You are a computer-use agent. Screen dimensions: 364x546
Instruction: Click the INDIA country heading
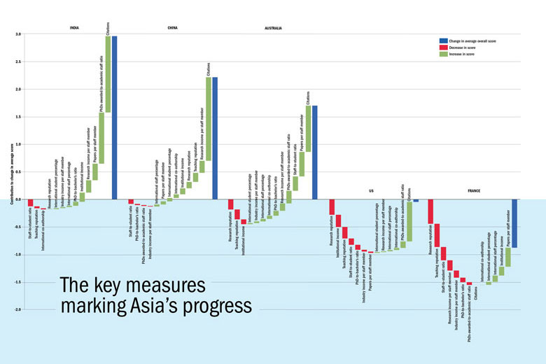[74, 28]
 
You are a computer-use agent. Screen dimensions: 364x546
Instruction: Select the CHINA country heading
[172, 28]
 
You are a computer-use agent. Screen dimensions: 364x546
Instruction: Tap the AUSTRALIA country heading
[273, 28]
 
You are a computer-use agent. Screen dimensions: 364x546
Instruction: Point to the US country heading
[371, 190]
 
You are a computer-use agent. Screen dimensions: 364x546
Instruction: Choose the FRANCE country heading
[472, 190]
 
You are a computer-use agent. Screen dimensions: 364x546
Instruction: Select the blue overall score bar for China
[215, 138]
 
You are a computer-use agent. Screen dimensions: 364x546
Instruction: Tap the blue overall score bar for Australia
[315, 153]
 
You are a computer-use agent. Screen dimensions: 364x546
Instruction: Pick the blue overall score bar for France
[514, 223]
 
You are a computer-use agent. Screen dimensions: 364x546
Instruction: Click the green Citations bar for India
[108, 73]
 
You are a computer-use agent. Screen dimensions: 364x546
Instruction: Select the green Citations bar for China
[209, 119]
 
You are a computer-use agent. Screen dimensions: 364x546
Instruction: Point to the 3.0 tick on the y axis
[18, 34]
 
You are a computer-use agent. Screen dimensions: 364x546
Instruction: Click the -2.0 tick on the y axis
[18, 309]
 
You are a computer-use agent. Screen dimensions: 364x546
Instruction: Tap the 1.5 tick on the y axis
[18, 117]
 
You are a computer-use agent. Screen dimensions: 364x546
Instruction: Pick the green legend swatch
[444, 54]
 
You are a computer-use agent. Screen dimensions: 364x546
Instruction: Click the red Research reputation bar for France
[430, 211]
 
